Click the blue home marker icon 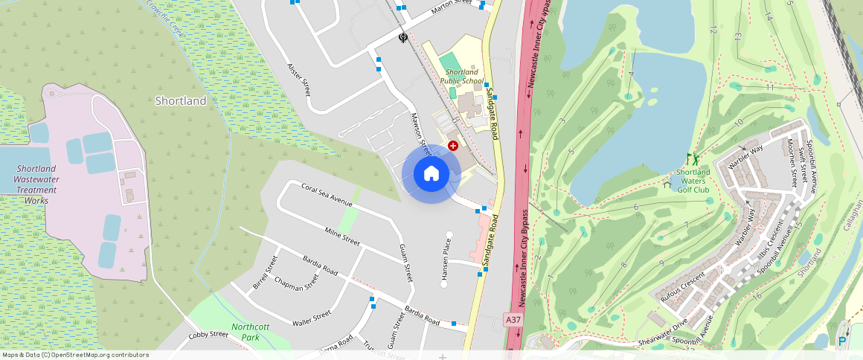click(431, 173)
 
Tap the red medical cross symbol click(452, 146)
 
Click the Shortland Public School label click(462, 76)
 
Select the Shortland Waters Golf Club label click(693, 181)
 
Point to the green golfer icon click(693, 158)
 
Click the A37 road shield click(512, 320)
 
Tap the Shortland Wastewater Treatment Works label click(36, 184)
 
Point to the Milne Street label click(342, 237)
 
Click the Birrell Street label click(266, 274)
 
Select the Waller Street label click(311, 319)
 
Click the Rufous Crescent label click(682, 287)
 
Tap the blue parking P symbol click(842, 341)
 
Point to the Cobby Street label click(208, 335)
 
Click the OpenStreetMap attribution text click(75, 355)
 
